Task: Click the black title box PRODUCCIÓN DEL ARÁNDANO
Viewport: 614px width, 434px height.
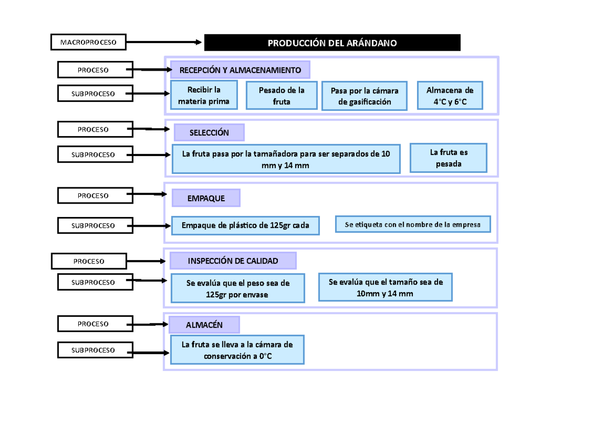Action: tap(332, 43)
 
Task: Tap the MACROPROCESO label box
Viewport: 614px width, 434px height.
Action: tap(88, 42)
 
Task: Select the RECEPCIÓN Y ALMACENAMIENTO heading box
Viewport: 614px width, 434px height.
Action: tap(240, 70)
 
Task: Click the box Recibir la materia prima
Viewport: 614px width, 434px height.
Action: tap(204, 95)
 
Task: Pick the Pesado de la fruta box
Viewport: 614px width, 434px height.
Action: tap(281, 96)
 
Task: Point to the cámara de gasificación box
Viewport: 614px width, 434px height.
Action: tap(364, 96)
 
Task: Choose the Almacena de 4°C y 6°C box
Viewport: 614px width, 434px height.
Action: tap(450, 96)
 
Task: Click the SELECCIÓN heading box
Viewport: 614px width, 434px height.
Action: tap(209, 133)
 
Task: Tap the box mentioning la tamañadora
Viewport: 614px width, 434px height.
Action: tap(286, 159)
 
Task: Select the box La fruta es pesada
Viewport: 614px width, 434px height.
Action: tap(448, 158)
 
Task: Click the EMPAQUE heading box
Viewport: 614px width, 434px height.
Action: tap(206, 198)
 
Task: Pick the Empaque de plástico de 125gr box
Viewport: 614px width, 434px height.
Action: tap(245, 225)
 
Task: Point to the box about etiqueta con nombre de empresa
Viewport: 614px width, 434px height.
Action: tap(413, 224)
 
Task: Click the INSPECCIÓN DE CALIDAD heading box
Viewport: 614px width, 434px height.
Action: tap(233, 261)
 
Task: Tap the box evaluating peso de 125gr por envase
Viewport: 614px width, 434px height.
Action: tap(237, 289)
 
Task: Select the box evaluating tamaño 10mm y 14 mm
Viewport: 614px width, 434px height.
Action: tap(385, 287)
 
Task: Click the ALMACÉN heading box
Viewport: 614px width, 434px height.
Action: tap(204, 324)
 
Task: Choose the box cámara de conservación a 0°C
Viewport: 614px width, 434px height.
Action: tap(237, 350)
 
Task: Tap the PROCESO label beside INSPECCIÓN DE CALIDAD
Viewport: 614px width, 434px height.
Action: tap(89, 261)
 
